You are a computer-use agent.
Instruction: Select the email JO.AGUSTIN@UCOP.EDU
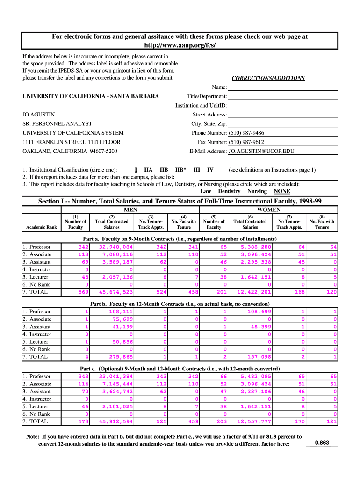[x=262, y=151]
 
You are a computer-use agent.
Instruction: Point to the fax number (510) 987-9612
[x=246, y=142]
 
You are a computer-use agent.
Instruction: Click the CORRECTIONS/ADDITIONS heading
[x=268, y=78]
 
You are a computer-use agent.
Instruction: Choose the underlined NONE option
[x=282, y=191]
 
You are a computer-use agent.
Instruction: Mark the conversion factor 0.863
[x=322, y=442]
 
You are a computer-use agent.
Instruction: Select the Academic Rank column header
[x=42, y=227]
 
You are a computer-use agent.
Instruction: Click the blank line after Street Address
[x=282, y=115]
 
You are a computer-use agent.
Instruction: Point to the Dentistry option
[x=229, y=191]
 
